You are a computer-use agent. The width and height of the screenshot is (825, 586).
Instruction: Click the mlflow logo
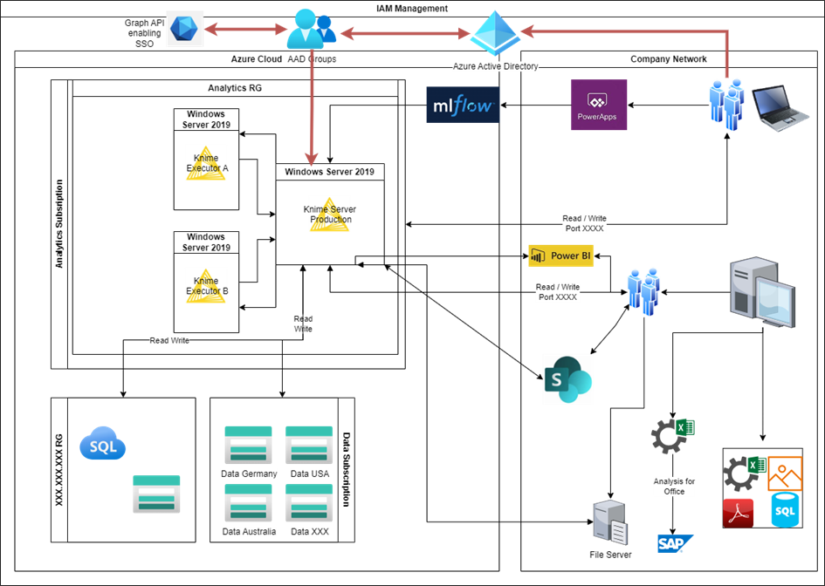463,105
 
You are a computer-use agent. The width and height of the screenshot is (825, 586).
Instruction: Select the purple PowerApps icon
599,106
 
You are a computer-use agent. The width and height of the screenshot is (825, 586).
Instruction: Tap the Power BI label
561,256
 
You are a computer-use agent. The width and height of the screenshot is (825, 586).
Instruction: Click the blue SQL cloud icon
103,445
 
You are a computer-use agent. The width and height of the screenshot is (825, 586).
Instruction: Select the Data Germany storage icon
248,446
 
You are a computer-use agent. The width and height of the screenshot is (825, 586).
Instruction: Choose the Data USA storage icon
309,446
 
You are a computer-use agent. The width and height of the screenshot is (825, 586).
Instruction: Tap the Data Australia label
249,531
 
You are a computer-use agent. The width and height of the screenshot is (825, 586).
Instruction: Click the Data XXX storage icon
309,503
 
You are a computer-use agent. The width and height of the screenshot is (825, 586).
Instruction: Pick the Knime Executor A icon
206,162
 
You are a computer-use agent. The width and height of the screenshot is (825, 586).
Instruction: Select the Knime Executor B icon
206,285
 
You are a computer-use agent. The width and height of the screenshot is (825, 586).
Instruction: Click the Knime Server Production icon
330,214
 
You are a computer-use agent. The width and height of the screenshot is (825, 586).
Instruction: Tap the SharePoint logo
567,379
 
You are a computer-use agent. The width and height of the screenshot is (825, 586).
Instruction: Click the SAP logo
675,543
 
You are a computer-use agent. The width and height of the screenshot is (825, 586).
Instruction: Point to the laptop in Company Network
779,108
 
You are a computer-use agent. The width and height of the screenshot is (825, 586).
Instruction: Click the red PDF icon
738,513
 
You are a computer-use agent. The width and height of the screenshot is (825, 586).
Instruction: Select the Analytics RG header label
235,88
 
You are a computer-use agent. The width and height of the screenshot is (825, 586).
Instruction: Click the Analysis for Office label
674,486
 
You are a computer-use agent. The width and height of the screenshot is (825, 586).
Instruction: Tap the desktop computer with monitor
762,292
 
